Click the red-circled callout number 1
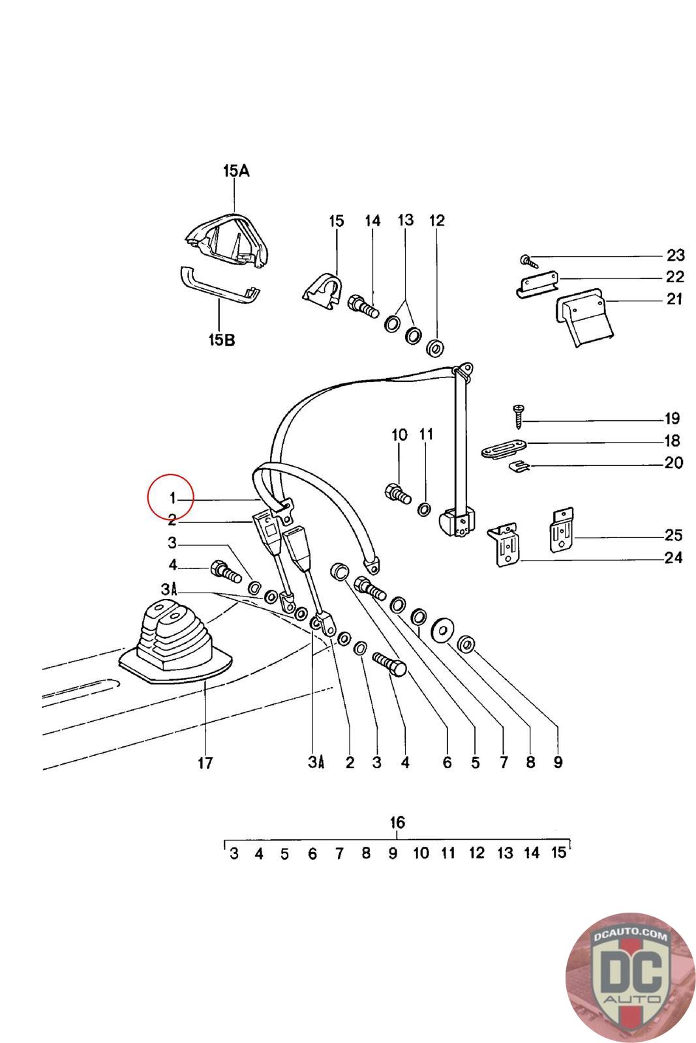point(172,499)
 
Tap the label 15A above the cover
point(235,171)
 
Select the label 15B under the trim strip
point(221,340)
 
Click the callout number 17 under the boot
point(205,762)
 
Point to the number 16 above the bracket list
point(397,822)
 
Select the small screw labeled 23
point(528,261)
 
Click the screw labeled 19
point(518,415)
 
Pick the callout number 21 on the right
point(674,299)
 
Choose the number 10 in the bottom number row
point(421,853)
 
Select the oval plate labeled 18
point(503,450)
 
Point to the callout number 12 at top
point(436,220)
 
